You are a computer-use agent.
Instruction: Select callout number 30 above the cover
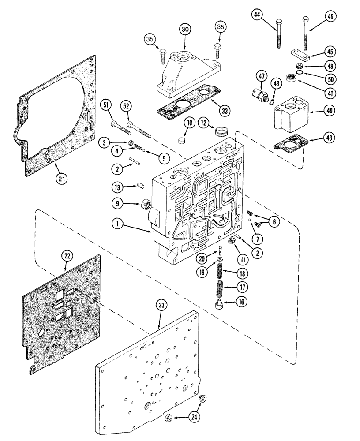point(185,29)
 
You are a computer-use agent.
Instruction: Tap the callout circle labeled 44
point(258,15)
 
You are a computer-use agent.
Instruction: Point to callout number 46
point(329,17)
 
